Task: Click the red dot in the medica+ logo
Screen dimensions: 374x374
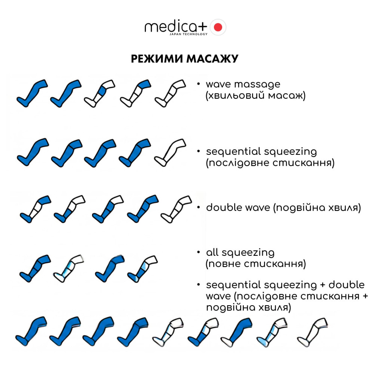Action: click(x=218, y=27)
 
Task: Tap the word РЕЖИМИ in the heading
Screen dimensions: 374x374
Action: click(x=157, y=59)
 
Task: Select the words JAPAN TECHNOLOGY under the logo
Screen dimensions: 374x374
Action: click(x=188, y=34)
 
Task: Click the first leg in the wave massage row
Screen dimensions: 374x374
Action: click(x=32, y=93)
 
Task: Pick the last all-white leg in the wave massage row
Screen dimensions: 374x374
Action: click(x=170, y=93)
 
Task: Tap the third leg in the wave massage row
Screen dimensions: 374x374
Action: click(x=99, y=93)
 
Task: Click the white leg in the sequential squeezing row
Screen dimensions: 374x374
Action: click(x=170, y=152)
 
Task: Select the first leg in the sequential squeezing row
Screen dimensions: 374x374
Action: click(x=33, y=152)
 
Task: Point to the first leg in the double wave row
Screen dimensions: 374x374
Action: click(x=35, y=209)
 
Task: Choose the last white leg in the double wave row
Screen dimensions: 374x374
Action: click(x=176, y=209)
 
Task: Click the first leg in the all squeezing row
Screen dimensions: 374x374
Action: click(x=35, y=269)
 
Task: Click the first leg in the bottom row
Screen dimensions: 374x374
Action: click(x=31, y=331)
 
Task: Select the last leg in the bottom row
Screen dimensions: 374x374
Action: click(x=312, y=332)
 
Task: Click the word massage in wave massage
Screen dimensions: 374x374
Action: click(x=257, y=85)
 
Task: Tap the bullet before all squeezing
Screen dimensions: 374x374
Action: click(x=198, y=252)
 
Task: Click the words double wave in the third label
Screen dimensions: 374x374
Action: click(x=238, y=208)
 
